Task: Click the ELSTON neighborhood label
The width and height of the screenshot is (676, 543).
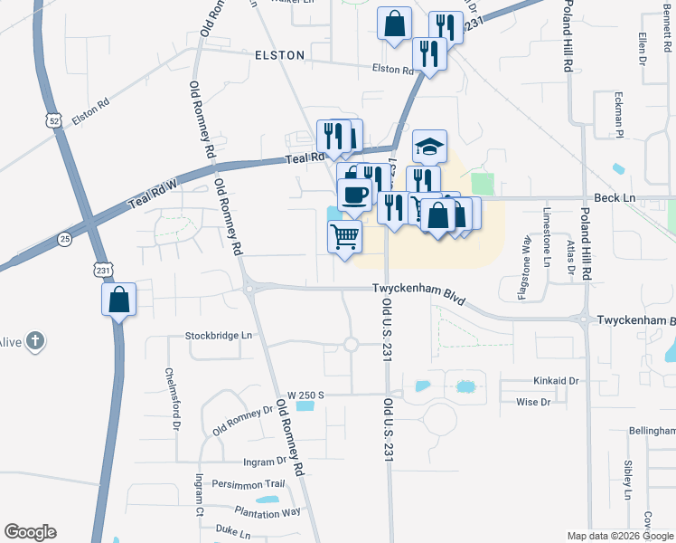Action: pos(280,55)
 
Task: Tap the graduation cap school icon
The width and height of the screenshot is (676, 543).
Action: pos(429,145)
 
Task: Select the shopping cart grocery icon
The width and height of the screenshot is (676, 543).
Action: pos(344,236)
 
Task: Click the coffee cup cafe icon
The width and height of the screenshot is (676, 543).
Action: pos(354,194)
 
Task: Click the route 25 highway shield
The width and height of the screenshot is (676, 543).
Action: pos(64,239)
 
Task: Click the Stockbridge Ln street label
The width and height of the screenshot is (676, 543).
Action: pos(219,335)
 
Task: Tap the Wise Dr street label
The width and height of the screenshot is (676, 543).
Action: pos(533,402)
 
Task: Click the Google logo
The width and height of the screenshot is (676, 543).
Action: pos(30,532)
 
